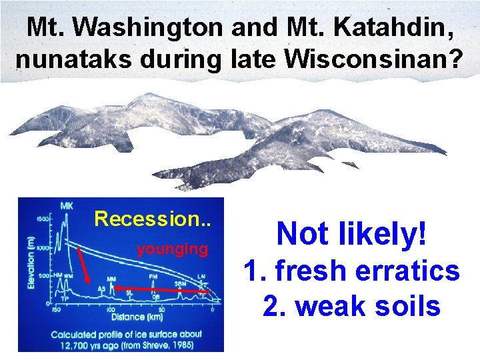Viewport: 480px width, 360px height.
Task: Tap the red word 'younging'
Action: click(x=172, y=249)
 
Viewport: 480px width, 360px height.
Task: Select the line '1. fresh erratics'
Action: click(x=351, y=271)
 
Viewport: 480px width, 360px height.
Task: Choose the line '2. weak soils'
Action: click(x=351, y=306)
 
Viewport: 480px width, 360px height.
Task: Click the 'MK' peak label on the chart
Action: click(x=67, y=206)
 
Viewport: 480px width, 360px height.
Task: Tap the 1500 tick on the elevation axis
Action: click(x=44, y=219)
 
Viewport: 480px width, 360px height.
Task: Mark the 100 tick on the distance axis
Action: click(x=110, y=309)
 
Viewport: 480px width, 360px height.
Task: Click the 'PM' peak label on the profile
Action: click(x=153, y=275)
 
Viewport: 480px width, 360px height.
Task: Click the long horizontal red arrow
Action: click(x=160, y=290)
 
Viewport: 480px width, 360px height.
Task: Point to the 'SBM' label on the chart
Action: click(x=179, y=284)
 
